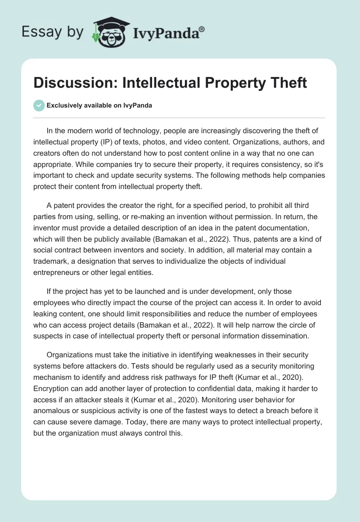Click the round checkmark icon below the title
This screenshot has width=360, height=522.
click(x=39, y=105)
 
